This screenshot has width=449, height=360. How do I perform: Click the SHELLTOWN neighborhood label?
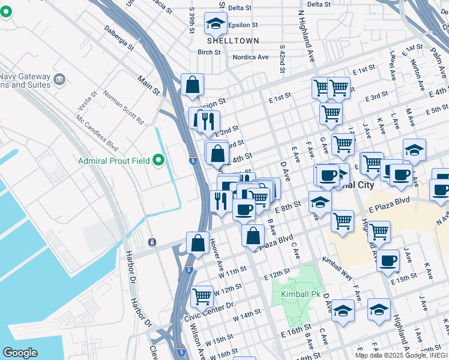(233, 41)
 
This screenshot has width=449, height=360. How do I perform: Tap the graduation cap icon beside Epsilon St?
(214, 24)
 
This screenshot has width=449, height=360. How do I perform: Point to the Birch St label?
(209, 52)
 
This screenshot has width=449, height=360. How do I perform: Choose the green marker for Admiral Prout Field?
(158, 160)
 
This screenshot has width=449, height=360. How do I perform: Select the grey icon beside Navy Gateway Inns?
(59, 79)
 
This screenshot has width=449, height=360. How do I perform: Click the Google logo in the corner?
(20, 352)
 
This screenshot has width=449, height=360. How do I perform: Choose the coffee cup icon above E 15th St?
(388, 260)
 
